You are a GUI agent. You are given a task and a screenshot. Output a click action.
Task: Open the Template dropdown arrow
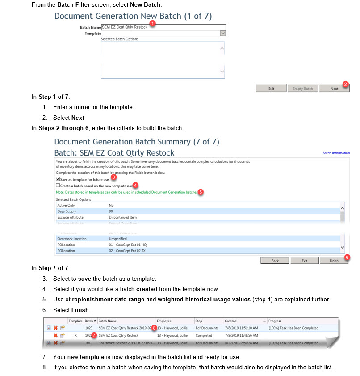point(223,33)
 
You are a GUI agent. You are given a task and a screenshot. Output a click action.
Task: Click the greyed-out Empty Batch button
point(302,89)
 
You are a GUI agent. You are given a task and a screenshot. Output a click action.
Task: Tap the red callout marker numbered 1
point(152,23)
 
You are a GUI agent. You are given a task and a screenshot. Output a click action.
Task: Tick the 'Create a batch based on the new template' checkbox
point(58,185)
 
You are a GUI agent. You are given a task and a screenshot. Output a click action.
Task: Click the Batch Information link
point(336,153)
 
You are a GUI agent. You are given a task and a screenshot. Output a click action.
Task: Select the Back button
point(275,261)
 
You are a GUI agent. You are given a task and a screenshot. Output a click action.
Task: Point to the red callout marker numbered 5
point(201,191)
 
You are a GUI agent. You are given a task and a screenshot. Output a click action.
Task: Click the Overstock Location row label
point(72,239)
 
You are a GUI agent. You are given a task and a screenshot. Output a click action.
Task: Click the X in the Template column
point(75,335)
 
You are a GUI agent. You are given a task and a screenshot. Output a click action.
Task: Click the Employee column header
point(164,321)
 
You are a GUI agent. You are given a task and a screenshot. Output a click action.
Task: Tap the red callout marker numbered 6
point(347,258)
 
